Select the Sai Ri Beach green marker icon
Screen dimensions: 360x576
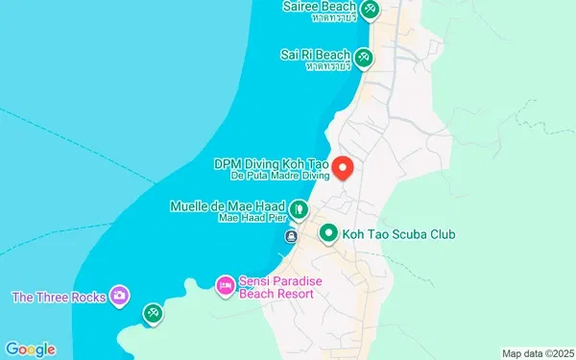coord(364,58)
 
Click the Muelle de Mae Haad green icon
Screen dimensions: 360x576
coord(300,207)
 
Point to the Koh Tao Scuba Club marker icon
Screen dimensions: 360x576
coord(328,233)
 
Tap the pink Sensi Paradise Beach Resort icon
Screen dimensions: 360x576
coord(225,285)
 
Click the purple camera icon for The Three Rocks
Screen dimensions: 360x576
coord(120,295)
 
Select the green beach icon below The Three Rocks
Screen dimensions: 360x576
coord(153,313)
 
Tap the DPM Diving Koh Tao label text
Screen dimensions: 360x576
coord(272,164)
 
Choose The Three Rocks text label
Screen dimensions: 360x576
coord(58,297)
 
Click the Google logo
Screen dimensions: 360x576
coord(30,348)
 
